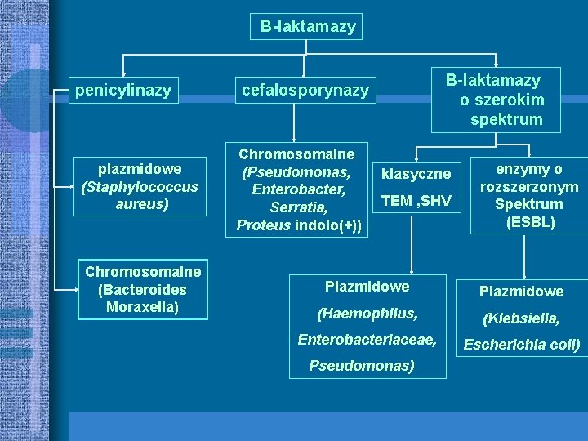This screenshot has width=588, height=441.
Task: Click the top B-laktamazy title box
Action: pyautogui.click(x=308, y=27)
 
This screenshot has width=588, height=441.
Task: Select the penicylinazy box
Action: pyautogui.click(x=123, y=90)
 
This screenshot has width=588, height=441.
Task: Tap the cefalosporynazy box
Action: pyautogui.click(x=305, y=91)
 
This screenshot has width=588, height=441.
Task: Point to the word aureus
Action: pyautogui.click(x=141, y=204)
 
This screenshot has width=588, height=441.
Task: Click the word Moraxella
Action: pyautogui.click(x=142, y=307)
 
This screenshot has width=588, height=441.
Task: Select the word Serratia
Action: pyautogui.click(x=299, y=207)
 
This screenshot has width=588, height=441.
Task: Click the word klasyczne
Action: pyautogui.click(x=416, y=174)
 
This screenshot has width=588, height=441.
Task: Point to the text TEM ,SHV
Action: pyautogui.click(x=416, y=200)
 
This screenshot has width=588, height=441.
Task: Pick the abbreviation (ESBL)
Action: pyautogui.click(x=530, y=222)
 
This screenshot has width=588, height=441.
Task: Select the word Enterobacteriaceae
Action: pyautogui.click(x=367, y=339)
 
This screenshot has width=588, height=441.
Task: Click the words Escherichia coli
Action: pyautogui.click(x=522, y=345)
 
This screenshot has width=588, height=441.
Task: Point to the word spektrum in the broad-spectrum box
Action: pyautogui.click(x=506, y=119)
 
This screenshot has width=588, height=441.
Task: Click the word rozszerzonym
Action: pyautogui.click(x=529, y=187)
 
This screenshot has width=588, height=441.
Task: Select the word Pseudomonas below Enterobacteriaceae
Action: pyautogui.click(x=362, y=365)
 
